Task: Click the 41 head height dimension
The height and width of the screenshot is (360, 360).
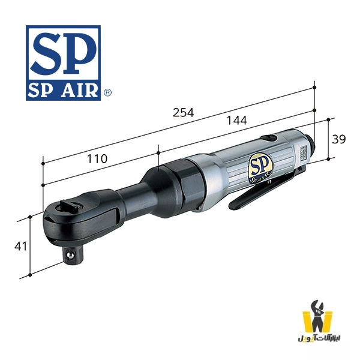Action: pos(21,245)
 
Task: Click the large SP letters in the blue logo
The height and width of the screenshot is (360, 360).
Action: pos(63,53)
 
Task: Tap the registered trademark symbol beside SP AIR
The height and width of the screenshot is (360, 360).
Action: pos(107,93)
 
